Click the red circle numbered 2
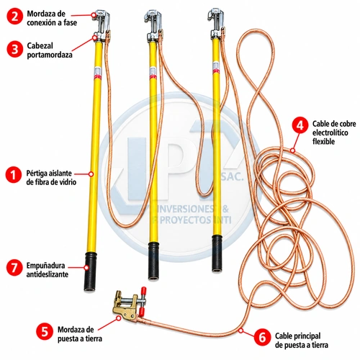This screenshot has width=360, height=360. pyautogui.click(x=14, y=17)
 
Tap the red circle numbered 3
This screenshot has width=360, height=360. pyautogui.click(x=14, y=50)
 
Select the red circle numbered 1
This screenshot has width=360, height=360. pyautogui.click(x=14, y=174)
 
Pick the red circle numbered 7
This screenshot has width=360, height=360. pyautogui.click(x=14, y=267)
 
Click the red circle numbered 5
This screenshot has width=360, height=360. pyautogui.click(x=45, y=331)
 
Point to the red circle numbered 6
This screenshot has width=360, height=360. pyautogui.click(x=262, y=338)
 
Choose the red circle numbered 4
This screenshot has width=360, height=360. pyautogui.click(x=300, y=126)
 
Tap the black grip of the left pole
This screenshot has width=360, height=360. pyautogui.click(x=91, y=271)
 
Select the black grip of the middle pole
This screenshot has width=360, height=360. pyautogui.click(x=154, y=261)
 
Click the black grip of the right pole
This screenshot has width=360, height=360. pyautogui.click(x=217, y=253)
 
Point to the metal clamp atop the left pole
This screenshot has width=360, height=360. pyautogui.click(x=101, y=25)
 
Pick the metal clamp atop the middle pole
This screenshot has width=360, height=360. pyautogui.click(x=153, y=26)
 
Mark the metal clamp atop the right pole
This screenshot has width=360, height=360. pyautogui.click(x=217, y=23)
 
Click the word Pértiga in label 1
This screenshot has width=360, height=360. pyautogui.click(x=35, y=174)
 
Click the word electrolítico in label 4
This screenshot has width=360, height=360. pyautogui.click(x=330, y=132)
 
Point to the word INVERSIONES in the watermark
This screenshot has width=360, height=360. pyautogui.click(x=184, y=209)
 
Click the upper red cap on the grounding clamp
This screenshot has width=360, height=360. pyautogui.click(x=144, y=290)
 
